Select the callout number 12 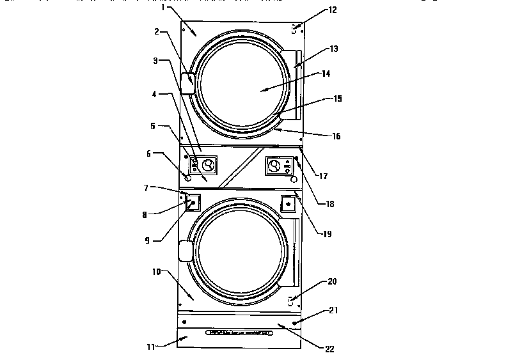(x=332, y=10)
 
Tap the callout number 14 (x=326, y=74)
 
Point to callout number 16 (x=336, y=136)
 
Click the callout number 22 (x=330, y=349)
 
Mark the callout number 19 (x=327, y=234)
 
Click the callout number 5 (x=152, y=126)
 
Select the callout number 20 (x=332, y=281)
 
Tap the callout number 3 (x=155, y=61)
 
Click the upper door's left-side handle (x=188, y=83)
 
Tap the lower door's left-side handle (x=186, y=251)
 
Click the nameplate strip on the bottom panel (x=237, y=334)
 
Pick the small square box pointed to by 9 (x=193, y=204)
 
